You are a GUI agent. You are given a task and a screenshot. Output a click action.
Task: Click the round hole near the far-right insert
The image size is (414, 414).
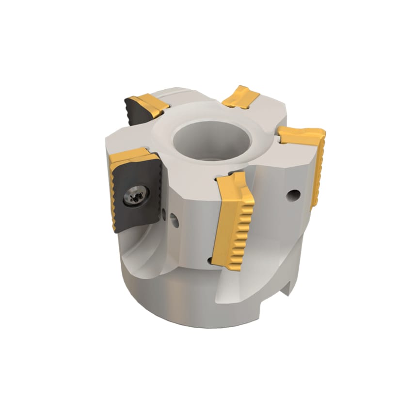coord(292,195)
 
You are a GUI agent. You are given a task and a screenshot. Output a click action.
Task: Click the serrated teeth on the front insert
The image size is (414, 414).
coord(242,228)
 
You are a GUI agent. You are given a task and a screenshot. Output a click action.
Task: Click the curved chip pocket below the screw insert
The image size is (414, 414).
coord(141,252)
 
